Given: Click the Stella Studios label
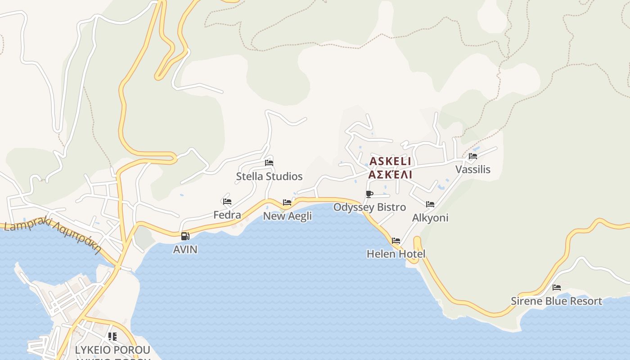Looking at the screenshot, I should click(x=269, y=176).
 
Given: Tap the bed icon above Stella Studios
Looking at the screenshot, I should click(x=269, y=162).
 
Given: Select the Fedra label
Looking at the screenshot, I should click(x=227, y=215).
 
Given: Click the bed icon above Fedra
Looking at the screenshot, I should click(x=227, y=202).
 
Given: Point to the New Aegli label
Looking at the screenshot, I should click(x=287, y=216).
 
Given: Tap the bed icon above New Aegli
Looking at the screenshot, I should click(x=287, y=202).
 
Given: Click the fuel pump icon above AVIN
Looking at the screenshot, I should click(x=185, y=236).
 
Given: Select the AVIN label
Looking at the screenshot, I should click(x=185, y=249).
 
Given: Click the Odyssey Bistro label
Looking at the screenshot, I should click(x=369, y=207).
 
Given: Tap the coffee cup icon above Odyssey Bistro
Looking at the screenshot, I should click(x=369, y=194).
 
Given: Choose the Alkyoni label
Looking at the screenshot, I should click(x=430, y=218).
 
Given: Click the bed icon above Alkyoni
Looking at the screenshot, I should click(x=430, y=204).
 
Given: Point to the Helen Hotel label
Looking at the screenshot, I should click(x=396, y=254).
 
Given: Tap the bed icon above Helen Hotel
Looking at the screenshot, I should click(x=396, y=241).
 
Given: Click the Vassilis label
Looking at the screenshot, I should click(x=472, y=170).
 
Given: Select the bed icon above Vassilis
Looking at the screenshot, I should click(x=472, y=156).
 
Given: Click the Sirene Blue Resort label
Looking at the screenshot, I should click(x=556, y=301).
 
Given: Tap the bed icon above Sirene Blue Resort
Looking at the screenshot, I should click(x=557, y=288).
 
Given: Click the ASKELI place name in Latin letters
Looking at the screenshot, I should click(x=390, y=161).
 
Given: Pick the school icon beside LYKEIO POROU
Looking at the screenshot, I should click(x=112, y=336).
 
